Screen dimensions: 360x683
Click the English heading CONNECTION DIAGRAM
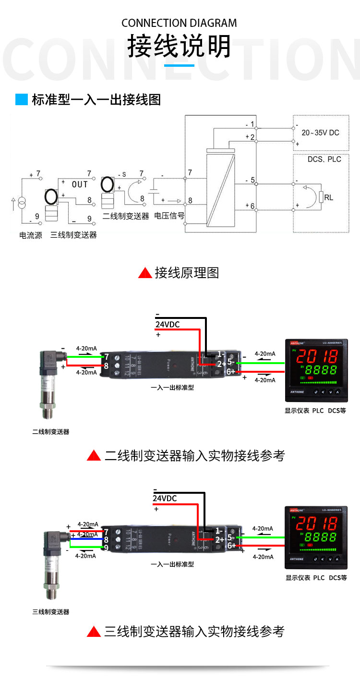point(179,23)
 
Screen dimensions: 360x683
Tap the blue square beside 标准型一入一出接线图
point(22,99)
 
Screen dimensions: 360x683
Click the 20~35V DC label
point(320,132)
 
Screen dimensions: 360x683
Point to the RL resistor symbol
point(321,197)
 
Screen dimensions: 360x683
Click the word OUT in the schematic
point(80,184)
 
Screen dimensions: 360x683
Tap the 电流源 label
point(31,235)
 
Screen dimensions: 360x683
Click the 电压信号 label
point(169,216)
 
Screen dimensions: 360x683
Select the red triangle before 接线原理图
point(145,273)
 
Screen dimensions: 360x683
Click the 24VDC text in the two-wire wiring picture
point(168,325)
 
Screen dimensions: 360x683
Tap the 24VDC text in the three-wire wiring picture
point(165,499)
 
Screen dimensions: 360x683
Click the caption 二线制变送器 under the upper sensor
point(51,432)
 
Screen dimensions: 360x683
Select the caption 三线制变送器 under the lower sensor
point(51,612)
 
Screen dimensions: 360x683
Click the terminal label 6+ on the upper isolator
point(231,372)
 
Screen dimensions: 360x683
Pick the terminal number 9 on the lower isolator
point(106,548)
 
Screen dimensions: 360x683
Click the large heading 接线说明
point(179,47)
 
